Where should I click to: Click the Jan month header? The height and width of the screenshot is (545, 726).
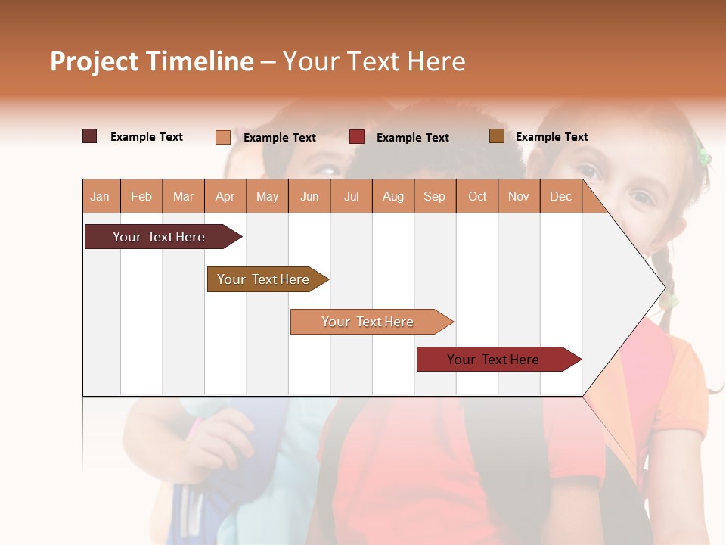[x=101, y=196]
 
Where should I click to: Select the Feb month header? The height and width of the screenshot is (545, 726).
[x=141, y=196]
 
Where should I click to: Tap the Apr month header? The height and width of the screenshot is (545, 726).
[x=225, y=196]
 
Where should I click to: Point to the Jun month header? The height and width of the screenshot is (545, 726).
[x=309, y=196]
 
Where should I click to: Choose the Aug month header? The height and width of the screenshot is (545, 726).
[x=392, y=196]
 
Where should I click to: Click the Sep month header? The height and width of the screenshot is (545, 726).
[x=434, y=196]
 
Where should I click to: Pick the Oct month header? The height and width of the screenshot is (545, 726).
[x=476, y=196]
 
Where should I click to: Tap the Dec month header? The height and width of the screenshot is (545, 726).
[x=560, y=196]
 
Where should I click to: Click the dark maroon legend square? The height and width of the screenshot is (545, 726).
[x=90, y=136]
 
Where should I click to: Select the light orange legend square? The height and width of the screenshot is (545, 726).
[x=222, y=137]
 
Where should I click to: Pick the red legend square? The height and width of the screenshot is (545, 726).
[x=357, y=137]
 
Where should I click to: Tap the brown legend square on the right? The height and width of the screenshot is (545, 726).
[x=496, y=136]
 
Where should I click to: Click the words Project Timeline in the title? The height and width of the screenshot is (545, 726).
[x=151, y=61]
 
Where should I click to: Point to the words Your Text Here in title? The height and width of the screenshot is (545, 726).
[x=374, y=61]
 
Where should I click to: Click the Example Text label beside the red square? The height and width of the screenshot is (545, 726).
[x=412, y=138]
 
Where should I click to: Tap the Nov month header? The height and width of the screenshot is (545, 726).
[x=519, y=196]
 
